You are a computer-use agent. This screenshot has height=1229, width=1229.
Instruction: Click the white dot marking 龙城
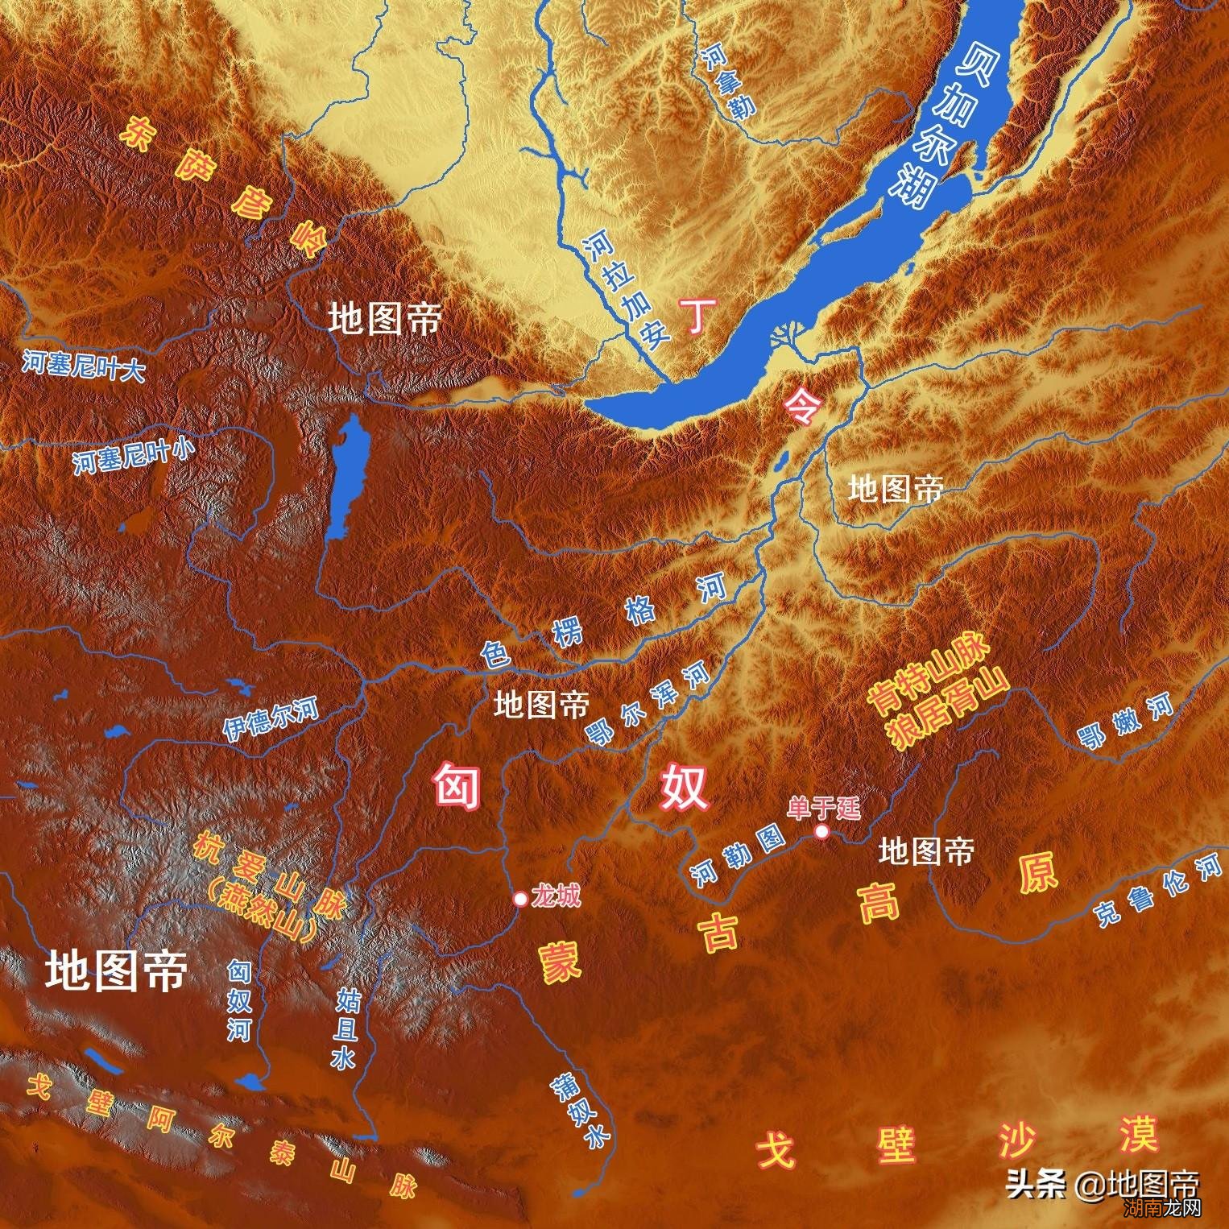pos(521,898)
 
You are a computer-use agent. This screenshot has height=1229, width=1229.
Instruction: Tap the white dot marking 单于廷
pos(821,831)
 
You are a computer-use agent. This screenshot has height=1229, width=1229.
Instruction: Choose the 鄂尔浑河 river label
pos(648,706)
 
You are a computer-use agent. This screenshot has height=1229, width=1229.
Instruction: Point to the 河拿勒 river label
pos(728,81)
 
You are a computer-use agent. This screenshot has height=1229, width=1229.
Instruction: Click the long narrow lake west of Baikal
pos(344,479)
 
